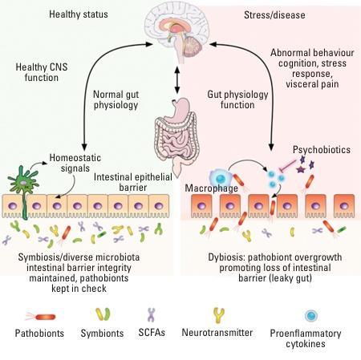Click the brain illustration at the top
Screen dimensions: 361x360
click(176, 30)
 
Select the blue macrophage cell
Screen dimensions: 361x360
click(219, 178)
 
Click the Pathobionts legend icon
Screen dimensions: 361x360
click(41, 317)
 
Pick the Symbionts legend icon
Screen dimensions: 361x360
click(103, 314)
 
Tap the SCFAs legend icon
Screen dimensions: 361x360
click(152, 314)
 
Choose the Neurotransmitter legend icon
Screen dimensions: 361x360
click(218, 315)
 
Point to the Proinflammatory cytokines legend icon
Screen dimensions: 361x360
click(311, 316)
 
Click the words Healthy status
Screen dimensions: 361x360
click(79, 14)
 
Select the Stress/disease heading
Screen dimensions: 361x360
click(274, 15)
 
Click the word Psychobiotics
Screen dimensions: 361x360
click(322, 150)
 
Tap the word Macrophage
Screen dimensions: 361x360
click(211, 188)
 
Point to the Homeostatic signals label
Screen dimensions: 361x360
click(75, 163)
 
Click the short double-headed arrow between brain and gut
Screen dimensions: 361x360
click(176, 80)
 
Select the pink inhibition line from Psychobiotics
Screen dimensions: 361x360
click(288, 164)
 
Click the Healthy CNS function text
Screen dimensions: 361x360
click(42, 72)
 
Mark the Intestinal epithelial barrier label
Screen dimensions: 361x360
click(133, 182)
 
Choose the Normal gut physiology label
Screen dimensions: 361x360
click(116, 99)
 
